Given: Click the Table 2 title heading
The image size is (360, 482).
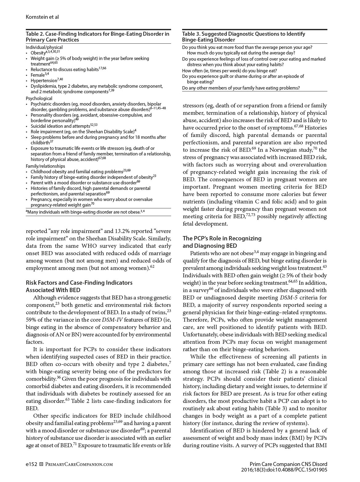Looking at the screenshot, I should pyautogui.click(x=98, y=37).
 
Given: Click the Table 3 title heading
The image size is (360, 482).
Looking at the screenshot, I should pyautogui.click(x=243, y=37).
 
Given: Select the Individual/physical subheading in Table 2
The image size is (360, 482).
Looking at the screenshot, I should pyautogui.click(x=44, y=47).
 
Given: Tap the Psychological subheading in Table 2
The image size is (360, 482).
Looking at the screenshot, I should pyautogui.click(x=39, y=98).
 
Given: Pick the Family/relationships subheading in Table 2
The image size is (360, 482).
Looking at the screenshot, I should pyautogui.click(x=45, y=166).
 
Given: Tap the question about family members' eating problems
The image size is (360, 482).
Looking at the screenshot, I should pyautogui.click(x=241, y=88).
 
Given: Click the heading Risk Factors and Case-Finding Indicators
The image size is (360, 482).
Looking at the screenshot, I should pyautogui.click(x=79, y=283).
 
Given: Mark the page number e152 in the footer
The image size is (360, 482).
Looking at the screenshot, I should pyautogui.click(x=31, y=464).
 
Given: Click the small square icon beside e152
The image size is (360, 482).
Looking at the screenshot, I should pyautogui.click(x=42, y=464).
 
